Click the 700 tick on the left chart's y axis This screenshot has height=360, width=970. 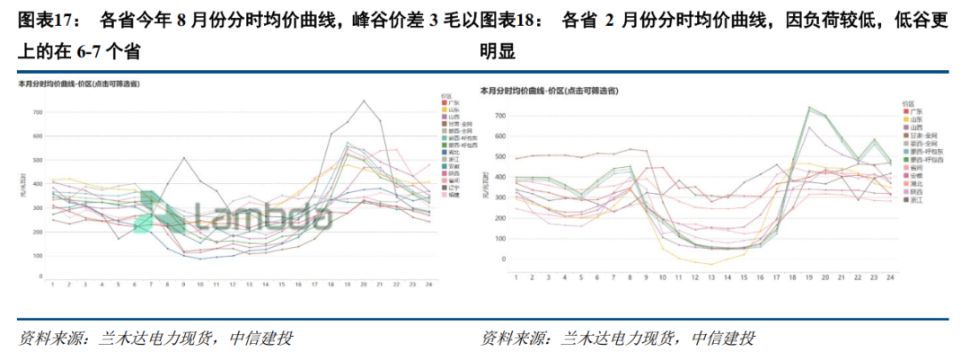[37, 112]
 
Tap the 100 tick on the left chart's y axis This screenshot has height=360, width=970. [37, 256]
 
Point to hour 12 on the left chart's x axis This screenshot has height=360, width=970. [232, 285]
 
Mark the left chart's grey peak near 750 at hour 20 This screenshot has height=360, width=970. [363, 101]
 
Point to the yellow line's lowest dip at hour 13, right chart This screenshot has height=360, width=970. [710, 265]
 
